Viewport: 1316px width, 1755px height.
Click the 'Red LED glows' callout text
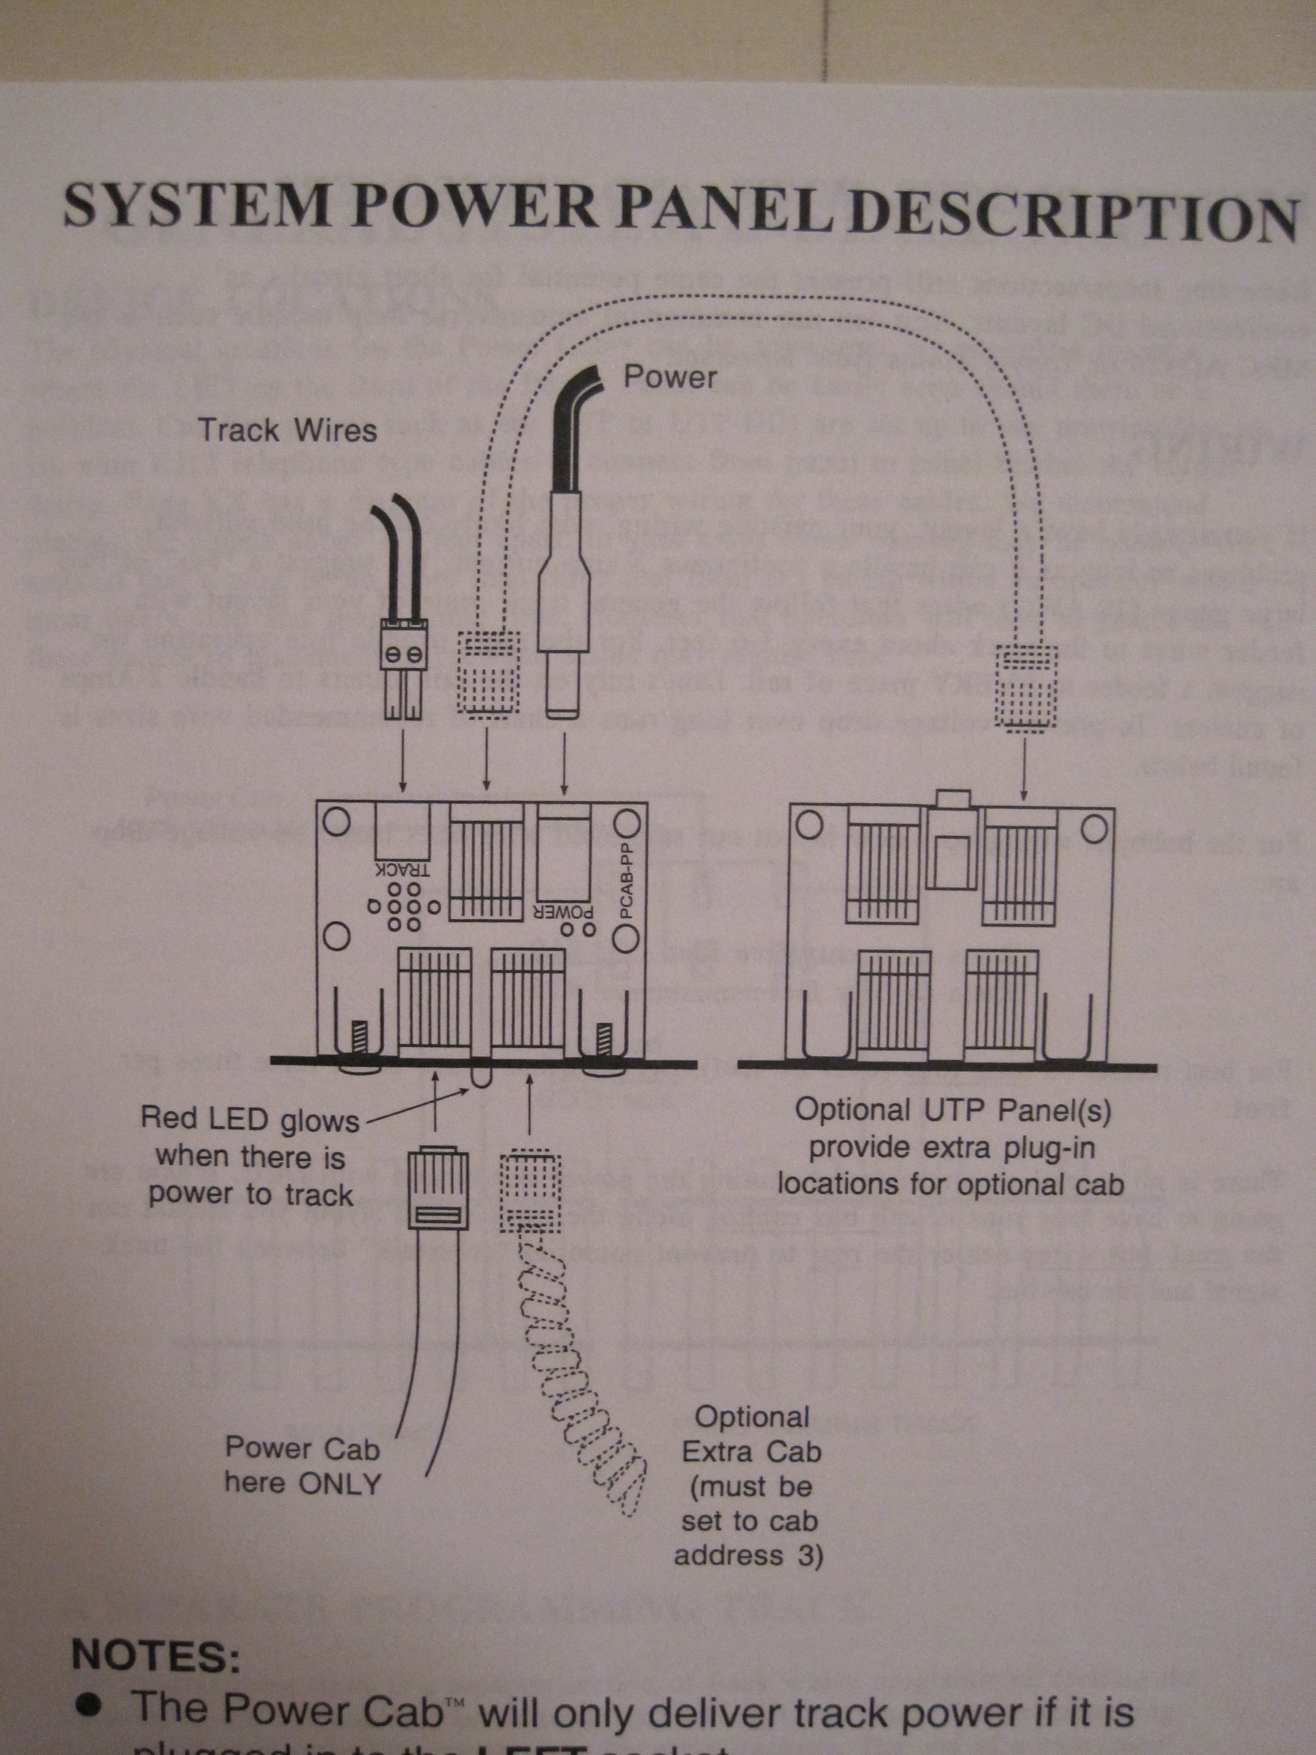pos(250,1119)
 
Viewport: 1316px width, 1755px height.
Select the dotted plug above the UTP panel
pos(1026,685)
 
